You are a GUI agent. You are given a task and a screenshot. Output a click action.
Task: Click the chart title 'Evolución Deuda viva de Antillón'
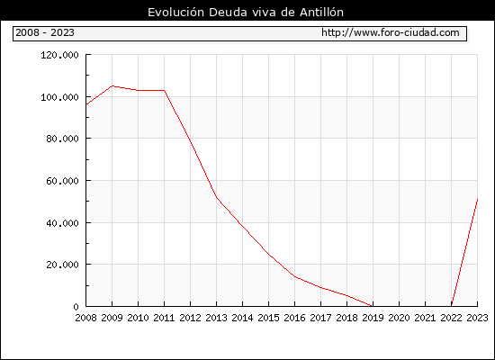[246, 13]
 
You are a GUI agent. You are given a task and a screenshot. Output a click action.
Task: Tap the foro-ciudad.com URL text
[391, 32]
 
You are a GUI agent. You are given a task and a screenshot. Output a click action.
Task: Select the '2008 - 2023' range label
[45, 32]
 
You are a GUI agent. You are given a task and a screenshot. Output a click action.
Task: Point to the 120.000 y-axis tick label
[59, 55]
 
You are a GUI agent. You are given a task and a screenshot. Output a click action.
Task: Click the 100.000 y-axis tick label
[59, 97]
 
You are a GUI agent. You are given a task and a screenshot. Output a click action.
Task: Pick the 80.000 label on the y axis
[62, 139]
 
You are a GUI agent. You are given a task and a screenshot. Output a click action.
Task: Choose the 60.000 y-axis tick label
[62, 181]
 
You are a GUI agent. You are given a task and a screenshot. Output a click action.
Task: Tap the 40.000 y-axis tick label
[62, 223]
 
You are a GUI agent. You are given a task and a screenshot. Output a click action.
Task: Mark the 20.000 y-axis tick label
[62, 265]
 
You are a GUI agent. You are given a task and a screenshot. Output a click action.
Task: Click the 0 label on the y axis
[76, 307]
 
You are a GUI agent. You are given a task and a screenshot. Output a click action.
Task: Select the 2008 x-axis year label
[85, 318]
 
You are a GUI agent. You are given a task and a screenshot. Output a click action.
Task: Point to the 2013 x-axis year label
[216, 318]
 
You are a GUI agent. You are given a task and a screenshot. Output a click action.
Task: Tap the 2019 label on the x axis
[373, 318]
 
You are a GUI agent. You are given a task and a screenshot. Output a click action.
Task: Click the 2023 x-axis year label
[477, 318]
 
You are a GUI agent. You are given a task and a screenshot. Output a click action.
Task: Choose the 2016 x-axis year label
[294, 318]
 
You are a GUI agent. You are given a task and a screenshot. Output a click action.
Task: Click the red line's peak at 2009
[112, 85]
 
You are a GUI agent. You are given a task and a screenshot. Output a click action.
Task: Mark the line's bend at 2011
[165, 91]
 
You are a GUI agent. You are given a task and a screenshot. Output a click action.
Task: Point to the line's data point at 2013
[217, 198]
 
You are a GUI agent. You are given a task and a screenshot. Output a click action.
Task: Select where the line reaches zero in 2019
[373, 306]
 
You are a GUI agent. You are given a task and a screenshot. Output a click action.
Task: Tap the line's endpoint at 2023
[477, 200]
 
